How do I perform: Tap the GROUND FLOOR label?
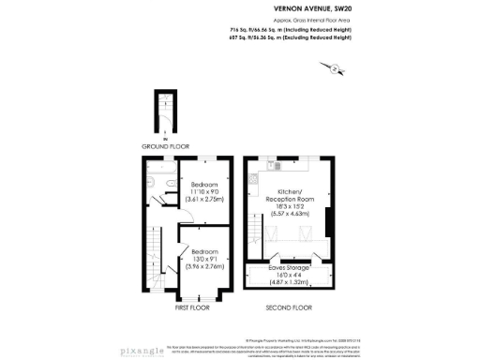tap(166, 146)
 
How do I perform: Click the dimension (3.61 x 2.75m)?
tap(204, 200)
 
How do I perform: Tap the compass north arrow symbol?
tap(330, 67)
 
